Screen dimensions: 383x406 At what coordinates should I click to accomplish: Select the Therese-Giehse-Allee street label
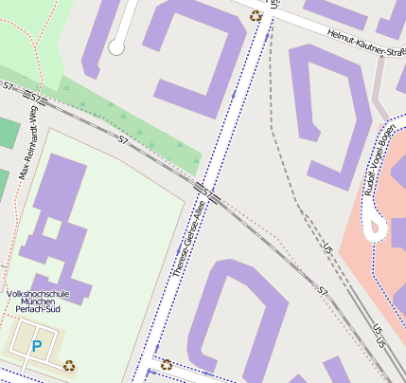tap(189, 237)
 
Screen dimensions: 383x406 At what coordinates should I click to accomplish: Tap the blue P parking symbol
tap(37, 347)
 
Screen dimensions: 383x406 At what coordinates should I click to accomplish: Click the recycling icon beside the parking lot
tap(69, 364)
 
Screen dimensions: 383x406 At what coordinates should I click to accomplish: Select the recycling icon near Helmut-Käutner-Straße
tap(255, 15)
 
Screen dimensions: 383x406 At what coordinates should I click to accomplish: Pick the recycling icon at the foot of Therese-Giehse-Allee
tap(167, 364)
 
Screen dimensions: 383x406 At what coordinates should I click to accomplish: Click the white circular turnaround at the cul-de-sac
tap(116, 47)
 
